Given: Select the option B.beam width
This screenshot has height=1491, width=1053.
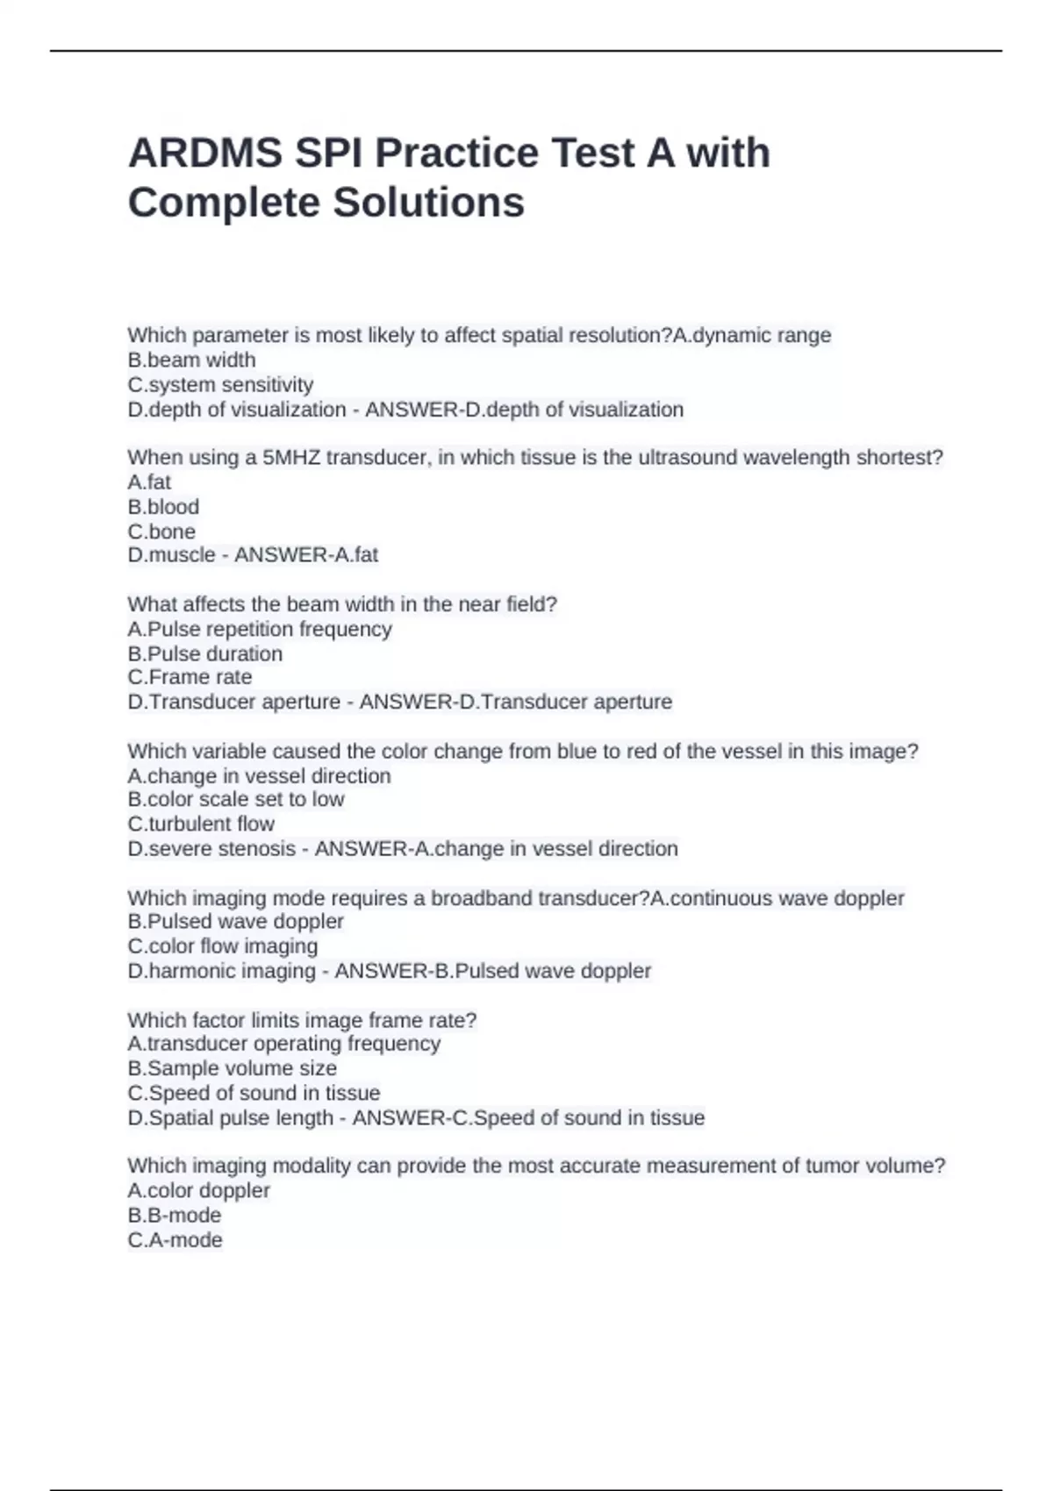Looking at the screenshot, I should [191, 360].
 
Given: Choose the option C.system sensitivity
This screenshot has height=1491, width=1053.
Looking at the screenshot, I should [220, 384].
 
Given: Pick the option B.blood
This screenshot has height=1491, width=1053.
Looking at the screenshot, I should [163, 506].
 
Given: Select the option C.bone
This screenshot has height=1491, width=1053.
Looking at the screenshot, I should [161, 531].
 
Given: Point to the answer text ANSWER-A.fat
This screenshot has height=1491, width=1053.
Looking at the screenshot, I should [306, 554].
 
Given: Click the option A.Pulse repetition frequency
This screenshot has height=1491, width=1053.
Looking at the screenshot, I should [260, 629].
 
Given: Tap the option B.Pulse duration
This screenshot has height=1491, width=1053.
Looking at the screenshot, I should [205, 653].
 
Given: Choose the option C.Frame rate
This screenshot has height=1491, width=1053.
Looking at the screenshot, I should [190, 677].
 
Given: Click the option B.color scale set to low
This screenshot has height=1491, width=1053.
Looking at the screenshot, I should [236, 799].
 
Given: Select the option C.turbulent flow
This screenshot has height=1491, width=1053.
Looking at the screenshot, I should [201, 824].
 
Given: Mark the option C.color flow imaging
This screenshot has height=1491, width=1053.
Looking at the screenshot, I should [223, 945].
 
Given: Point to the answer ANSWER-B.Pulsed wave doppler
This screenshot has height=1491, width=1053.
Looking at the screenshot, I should [493, 971].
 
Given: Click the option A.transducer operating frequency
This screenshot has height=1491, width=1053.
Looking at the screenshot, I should [284, 1044].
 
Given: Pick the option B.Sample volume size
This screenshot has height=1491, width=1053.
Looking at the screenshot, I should [233, 1068].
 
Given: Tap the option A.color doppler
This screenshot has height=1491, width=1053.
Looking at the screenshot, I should [199, 1190].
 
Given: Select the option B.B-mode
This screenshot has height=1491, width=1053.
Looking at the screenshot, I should [175, 1215].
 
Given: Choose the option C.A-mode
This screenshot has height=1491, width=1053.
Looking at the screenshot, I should [175, 1240].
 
